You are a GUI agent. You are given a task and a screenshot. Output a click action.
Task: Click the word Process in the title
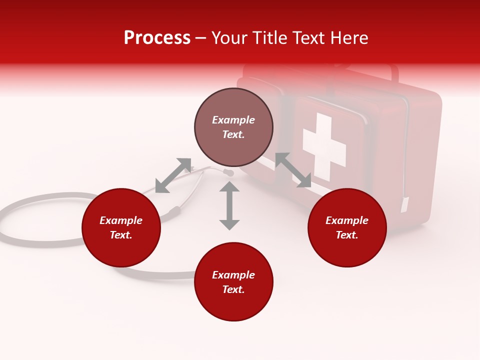click(x=157, y=38)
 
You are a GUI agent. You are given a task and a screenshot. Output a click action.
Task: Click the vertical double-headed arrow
click(x=229, y=205)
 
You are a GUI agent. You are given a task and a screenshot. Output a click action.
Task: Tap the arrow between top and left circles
click(x=173, y=175)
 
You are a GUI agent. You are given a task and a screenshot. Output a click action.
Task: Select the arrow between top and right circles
click(x=293, y=170)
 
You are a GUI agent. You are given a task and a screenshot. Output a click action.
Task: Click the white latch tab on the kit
click(x=404, y=204)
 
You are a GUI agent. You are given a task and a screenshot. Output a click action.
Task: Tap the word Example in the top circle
click(x=233, y=120)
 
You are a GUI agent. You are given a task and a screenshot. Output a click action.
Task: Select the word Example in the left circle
click(x=121, y=220)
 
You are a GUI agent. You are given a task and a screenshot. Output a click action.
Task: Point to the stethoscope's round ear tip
click(x=229, y=173)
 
